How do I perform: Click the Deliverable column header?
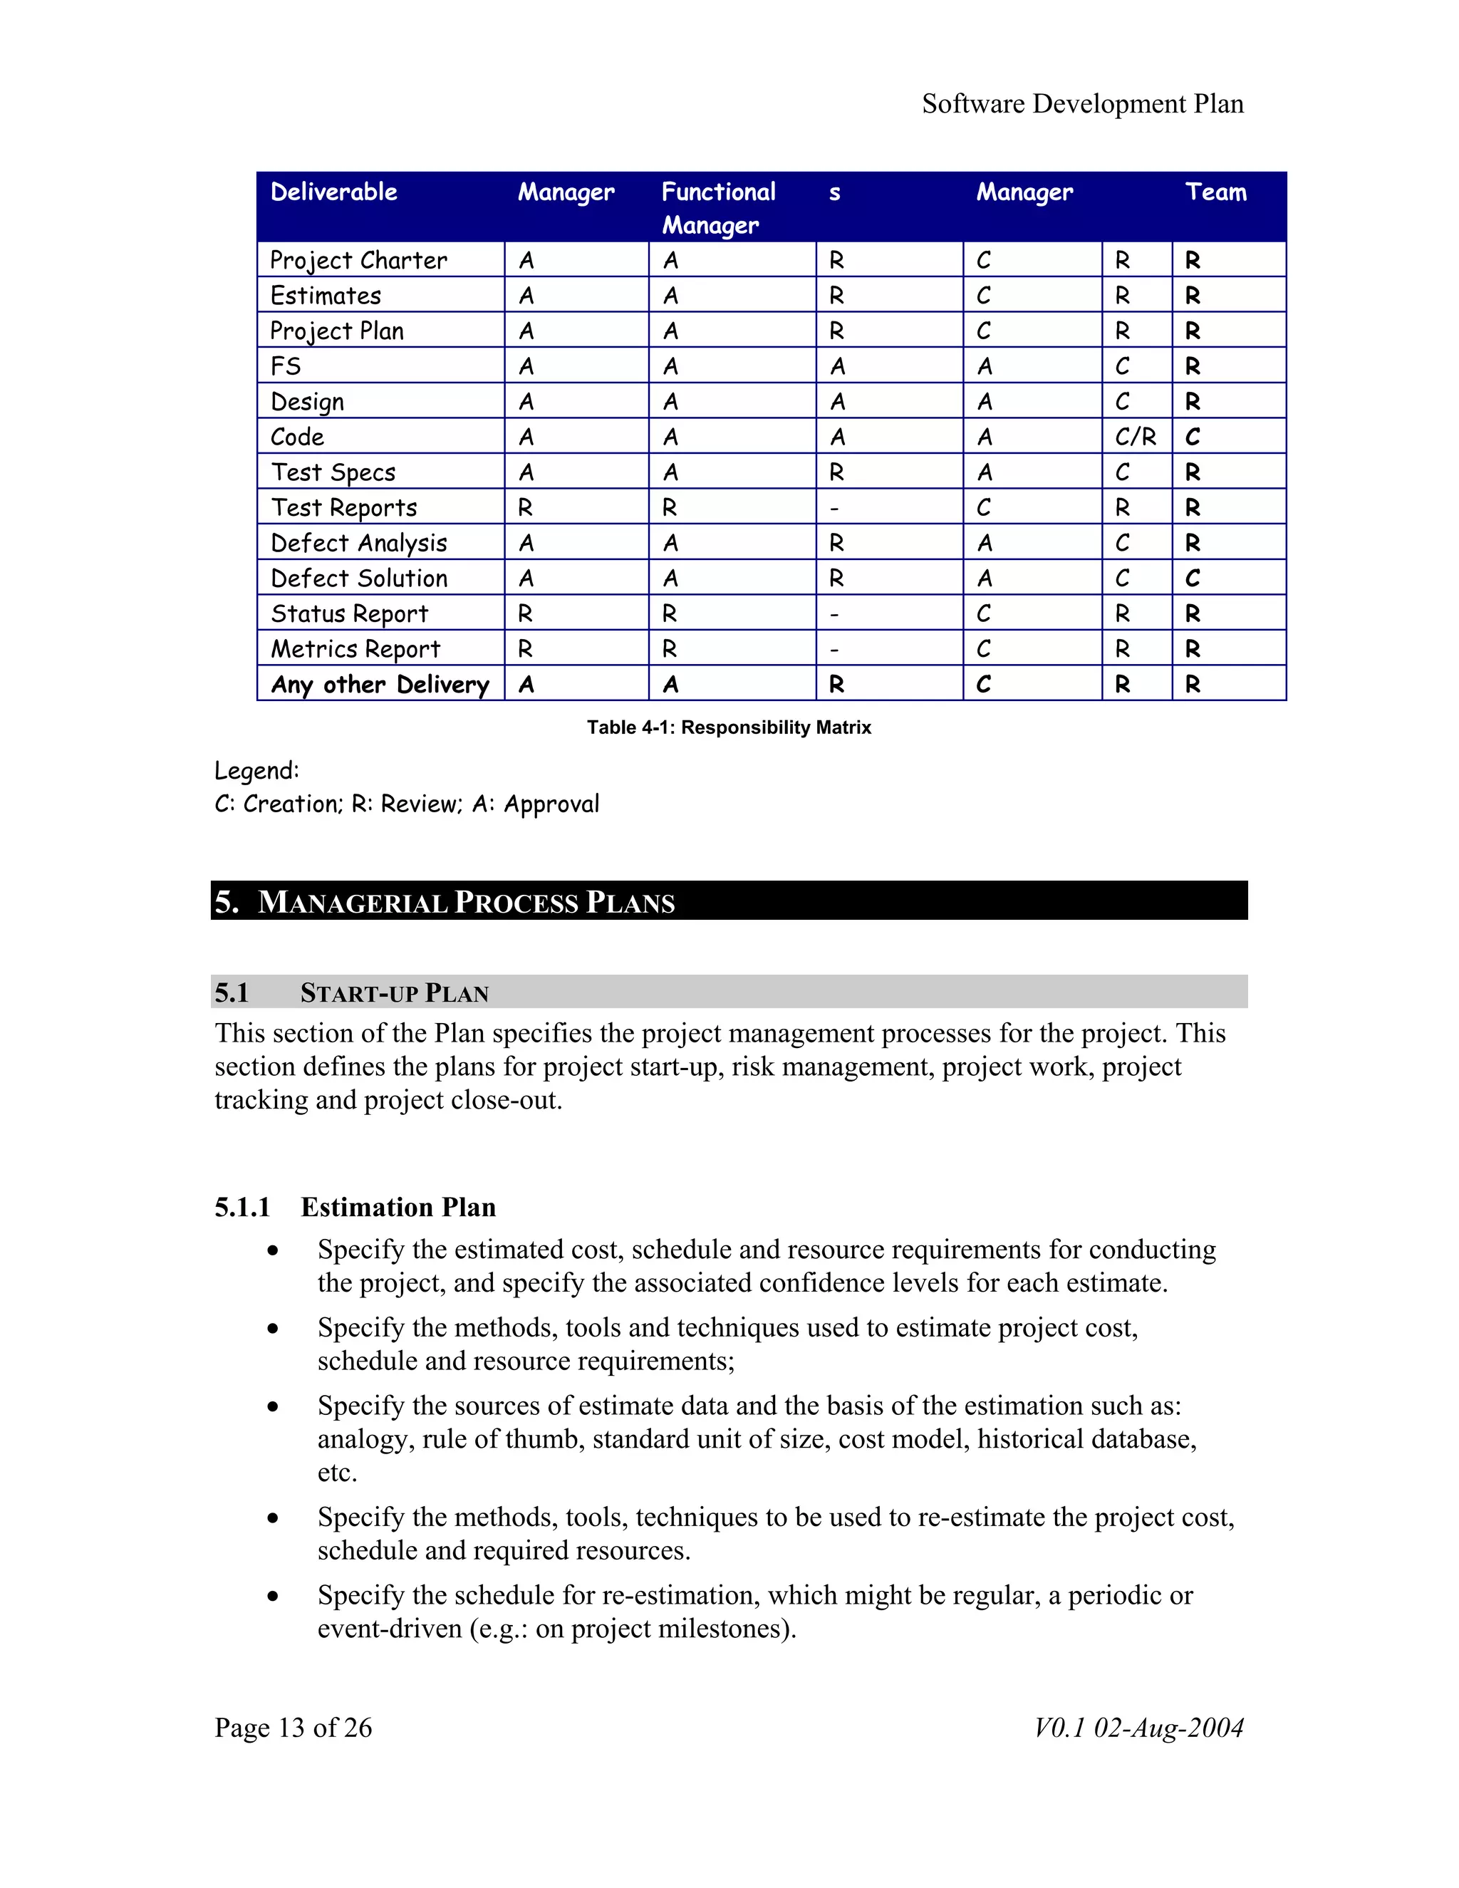pos(333,192)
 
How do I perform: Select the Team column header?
pos(1215,192)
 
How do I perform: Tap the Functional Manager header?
pos(718,207)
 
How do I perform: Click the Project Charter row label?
pos(359,260)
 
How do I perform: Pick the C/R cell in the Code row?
pos(1135,437)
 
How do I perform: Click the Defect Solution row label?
pos(359,579)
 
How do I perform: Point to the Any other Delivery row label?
pos(380,685)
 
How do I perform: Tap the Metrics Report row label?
pos(355,649)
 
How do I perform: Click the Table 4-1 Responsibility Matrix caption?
pos(729,727)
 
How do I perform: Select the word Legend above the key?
pos(256,770)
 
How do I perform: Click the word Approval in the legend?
pos(551,804)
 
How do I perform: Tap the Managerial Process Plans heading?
pos(466,902)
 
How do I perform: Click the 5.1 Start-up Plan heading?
pos(394,992)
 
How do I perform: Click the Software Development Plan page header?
pos(1082,104)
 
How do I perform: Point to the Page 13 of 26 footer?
pos(293,1727)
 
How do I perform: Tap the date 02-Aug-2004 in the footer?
pos(1168,1727)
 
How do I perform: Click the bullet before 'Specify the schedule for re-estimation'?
pos(273,1596)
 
